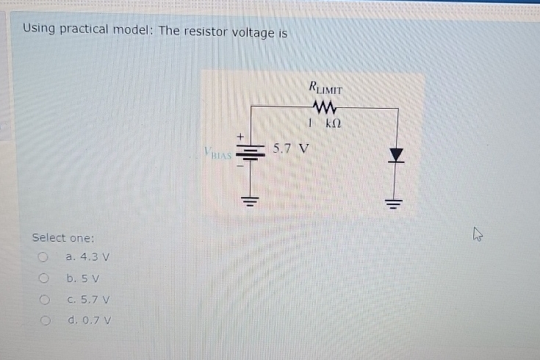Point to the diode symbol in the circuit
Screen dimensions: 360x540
[x=397, y=154]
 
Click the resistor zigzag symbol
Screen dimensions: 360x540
[x=324, y=107]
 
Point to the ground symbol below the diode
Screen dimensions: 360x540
[x=397, y=202]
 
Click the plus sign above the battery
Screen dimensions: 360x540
[x=240, y=137]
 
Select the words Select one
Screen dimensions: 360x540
[x=63, y=238]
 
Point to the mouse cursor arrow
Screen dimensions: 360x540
[x=478, y=235]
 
